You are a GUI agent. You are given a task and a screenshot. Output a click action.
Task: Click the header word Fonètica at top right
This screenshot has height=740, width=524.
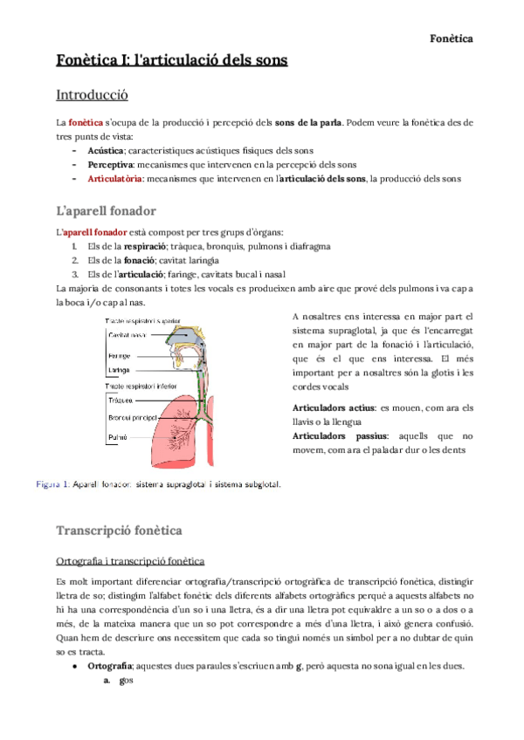pos(452,38)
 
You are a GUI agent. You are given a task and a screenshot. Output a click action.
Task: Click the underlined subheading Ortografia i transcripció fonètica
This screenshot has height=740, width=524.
pos(129,559)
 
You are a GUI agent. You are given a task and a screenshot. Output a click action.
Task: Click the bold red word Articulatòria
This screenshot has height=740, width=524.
pos(115,179)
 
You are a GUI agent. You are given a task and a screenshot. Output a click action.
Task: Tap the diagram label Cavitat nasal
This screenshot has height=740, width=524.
pos(128,335)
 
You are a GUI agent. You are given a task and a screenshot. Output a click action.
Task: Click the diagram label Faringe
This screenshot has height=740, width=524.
pos(120,356)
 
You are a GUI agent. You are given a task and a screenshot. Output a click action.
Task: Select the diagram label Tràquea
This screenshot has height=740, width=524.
pos(121,401)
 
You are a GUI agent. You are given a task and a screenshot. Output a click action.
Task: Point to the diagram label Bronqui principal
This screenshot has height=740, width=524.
pos(133,417)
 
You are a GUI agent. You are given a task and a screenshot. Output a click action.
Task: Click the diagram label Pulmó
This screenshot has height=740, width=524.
pos(118,436)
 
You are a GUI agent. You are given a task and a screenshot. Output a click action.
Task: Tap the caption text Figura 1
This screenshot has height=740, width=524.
pos(52,483)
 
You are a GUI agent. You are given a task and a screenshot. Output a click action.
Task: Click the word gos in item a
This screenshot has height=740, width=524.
pos(126,682)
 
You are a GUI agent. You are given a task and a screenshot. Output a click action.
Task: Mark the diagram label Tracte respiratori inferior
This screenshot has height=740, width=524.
pos(141,386)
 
